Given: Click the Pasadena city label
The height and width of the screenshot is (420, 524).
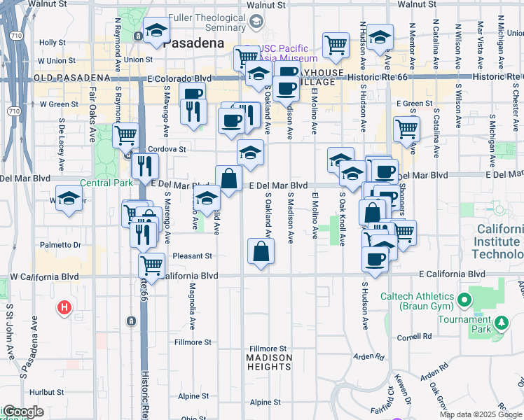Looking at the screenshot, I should [193, 43].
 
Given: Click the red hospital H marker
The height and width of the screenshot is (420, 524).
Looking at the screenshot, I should [64, 307].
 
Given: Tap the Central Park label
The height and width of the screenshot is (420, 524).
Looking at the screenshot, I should [106, 183].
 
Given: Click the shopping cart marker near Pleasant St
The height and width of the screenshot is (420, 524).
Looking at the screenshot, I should [152, 265].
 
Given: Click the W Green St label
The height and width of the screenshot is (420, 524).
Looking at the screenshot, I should [58, 104].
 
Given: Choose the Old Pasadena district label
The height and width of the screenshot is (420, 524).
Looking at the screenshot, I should [71, 78].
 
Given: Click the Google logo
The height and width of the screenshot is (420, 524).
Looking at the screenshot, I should [22, 412].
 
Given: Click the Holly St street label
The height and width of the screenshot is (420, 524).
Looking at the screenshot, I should [53, 43].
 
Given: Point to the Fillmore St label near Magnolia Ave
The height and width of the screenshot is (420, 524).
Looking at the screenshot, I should [193, 342].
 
